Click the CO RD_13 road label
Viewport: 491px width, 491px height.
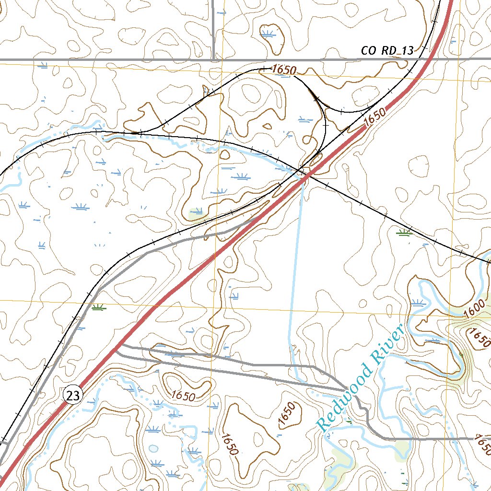click(387, 51)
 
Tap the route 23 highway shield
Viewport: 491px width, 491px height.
click(73, 396)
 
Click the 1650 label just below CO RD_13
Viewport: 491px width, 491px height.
click(283, 70)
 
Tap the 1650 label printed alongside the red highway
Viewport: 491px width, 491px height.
click(374, 117)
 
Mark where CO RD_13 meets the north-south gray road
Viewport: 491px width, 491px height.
click(213, 60)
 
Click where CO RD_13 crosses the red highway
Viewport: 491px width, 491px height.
click(433, 59)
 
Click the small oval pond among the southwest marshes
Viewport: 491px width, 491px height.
click(153, 449)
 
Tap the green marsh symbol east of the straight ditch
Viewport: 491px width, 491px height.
click(404, 233)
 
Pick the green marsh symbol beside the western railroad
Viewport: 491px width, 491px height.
click(99, 307)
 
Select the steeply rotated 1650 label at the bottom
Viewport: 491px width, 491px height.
click(229, 444)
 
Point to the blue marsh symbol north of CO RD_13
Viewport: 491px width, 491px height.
click(268, 33)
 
